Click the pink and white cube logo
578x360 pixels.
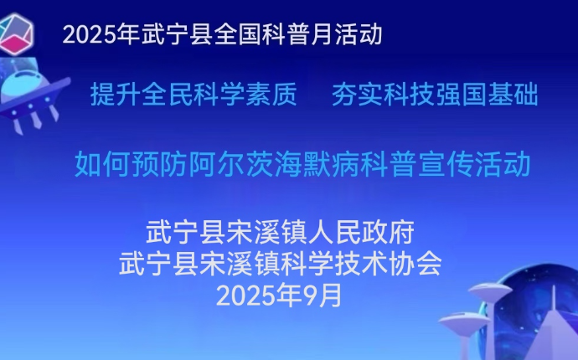16,33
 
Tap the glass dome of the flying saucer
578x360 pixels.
22,83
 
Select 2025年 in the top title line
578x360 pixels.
101,34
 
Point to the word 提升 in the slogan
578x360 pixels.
116,95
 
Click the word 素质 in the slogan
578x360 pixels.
271,95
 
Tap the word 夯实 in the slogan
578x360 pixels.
357,95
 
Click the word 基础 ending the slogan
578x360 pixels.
513,95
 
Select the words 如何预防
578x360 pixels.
132,163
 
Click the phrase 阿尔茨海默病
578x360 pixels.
275,163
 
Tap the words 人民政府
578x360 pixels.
361,232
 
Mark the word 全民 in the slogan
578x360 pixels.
168,95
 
